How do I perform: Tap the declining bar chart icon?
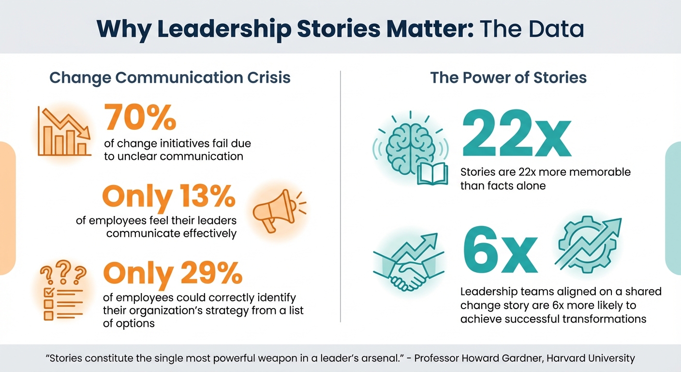pyautogui.click(x=64, y=132)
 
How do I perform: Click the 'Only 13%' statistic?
pyautogui.click(x=169, y=197)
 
